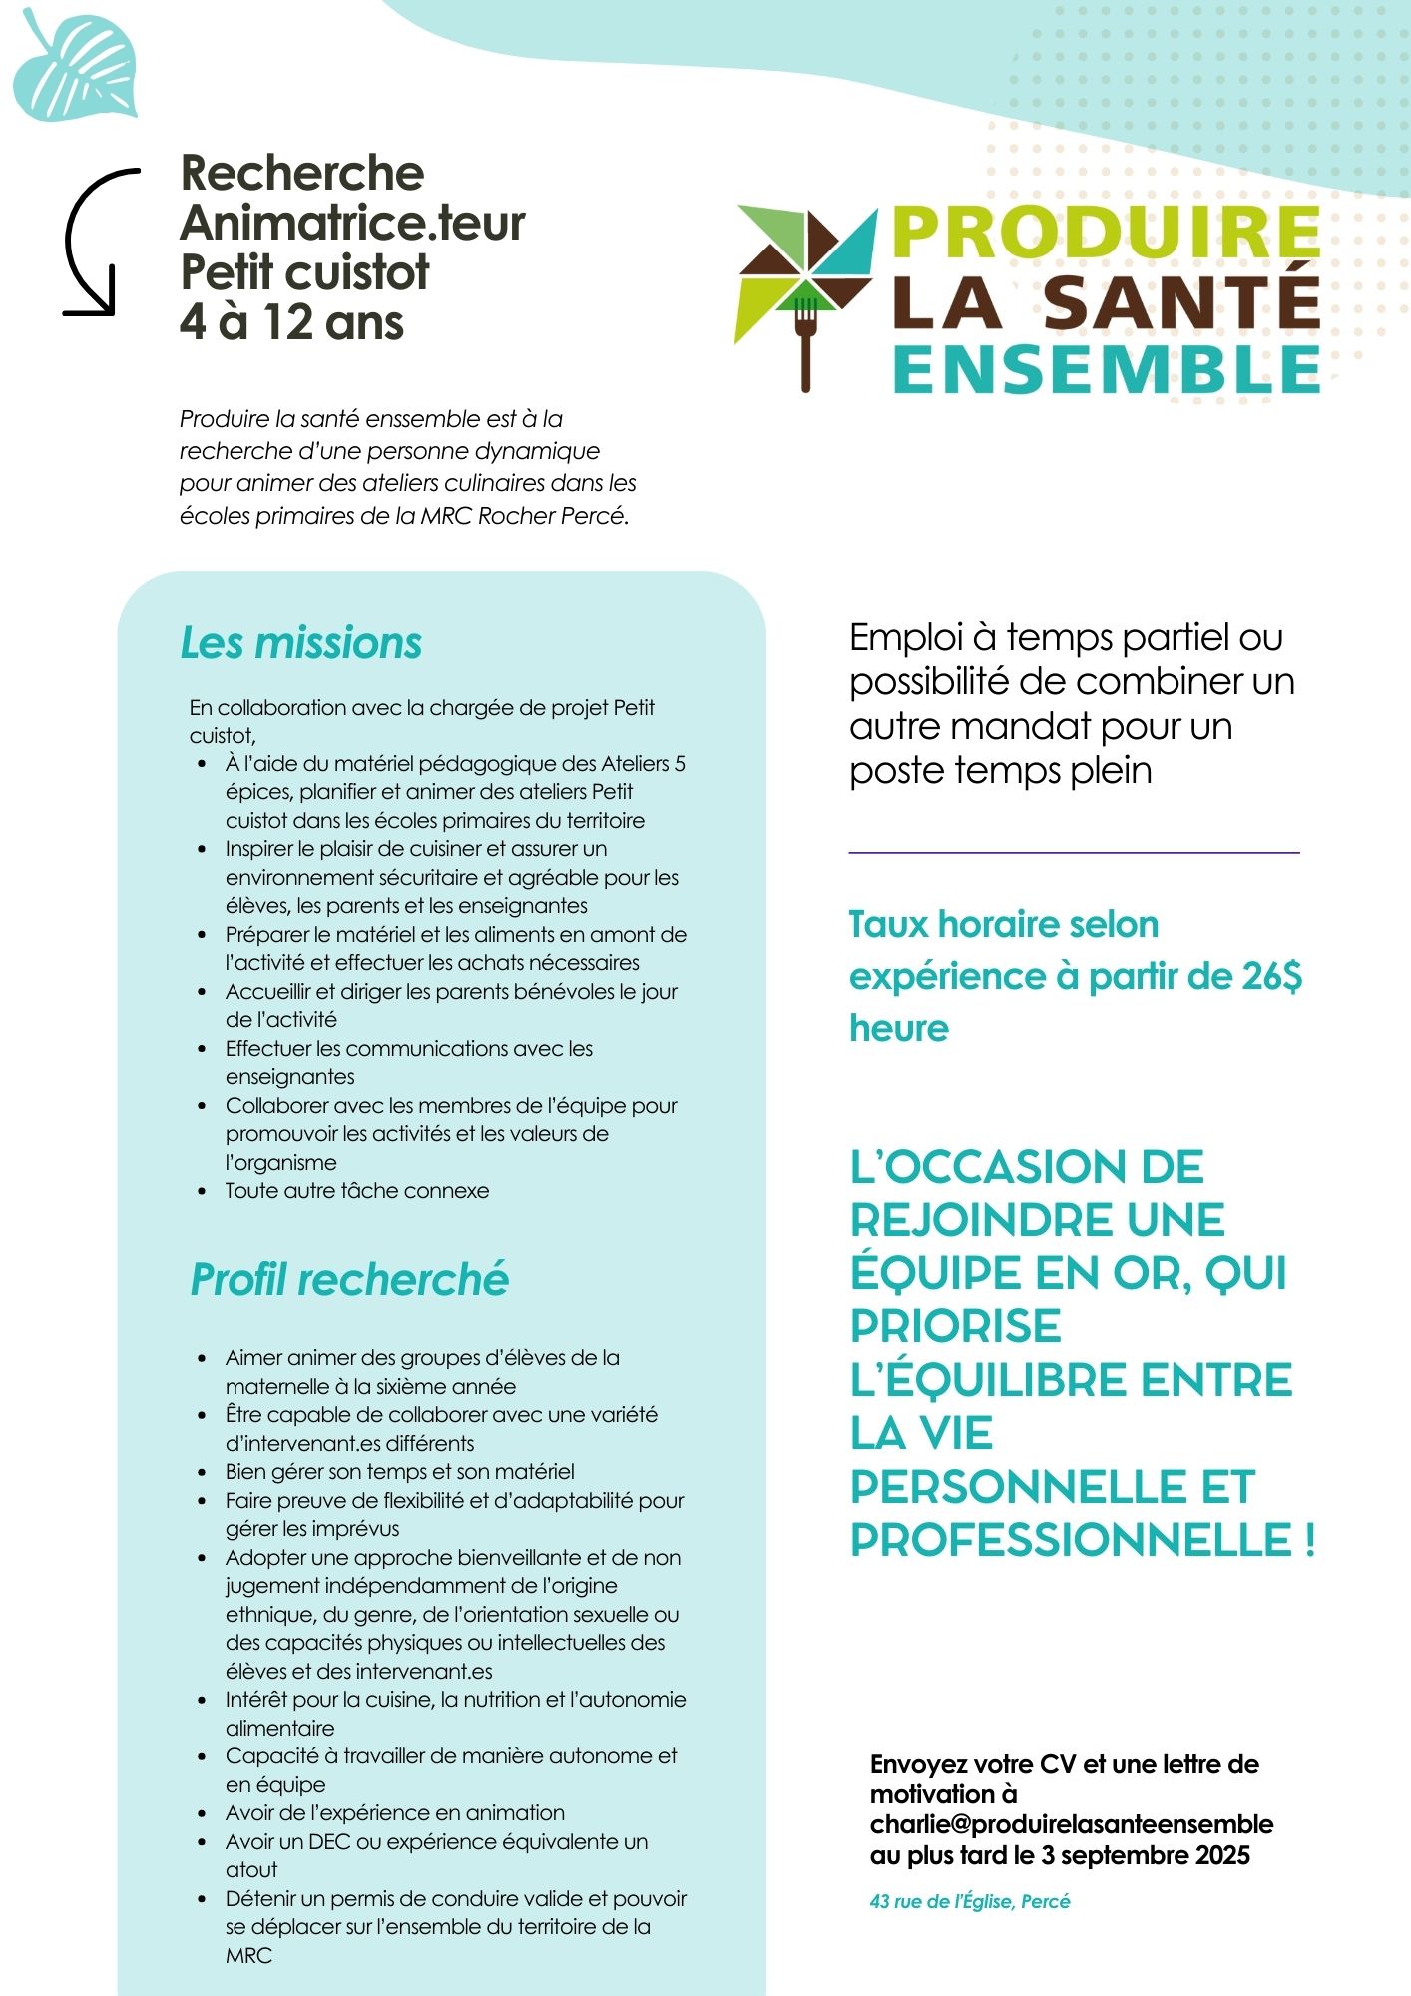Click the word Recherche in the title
click(x=302, y=174)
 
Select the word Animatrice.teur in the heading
click(x=352, y=223)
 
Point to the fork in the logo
click(x=805, y=339)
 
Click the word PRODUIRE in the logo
click(x=1106, y=232)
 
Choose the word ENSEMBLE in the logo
click(x=1106, y=370)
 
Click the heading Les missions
click(x=300, y=643)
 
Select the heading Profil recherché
click(x=349, y=1280)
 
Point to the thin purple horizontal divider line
click(x=1074, y=853)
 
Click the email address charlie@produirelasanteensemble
click(x=1072, y=1824)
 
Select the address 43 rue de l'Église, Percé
click(x=969, y=1901)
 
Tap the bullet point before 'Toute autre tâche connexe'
click(x=203, y=1191)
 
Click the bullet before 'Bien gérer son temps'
click(x=203, y=1472)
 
